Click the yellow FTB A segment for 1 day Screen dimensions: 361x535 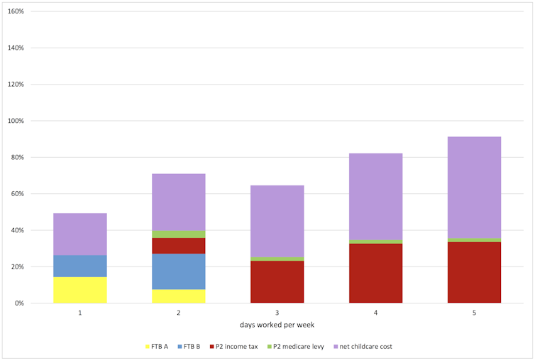[x=80, y=290]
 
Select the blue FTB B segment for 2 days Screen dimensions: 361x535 [x=179, y=271]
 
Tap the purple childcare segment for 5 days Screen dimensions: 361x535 [x=474, y=187]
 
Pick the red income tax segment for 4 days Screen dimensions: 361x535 [x=375, y=274]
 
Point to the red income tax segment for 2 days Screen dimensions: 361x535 [x=179, y=246]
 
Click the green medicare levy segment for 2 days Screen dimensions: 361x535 [x=179, y=235]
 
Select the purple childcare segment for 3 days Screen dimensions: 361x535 [x=277, y=221]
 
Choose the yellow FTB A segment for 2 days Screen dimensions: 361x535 [x=179, y=296]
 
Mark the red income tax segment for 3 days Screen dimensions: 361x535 [x=277, y=282]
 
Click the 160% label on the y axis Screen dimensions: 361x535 [x=16, y=12]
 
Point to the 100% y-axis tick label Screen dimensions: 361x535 [x=16, y=121]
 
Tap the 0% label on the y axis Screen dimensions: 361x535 [x=19, y=303]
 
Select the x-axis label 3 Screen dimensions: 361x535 [x=277, y=313]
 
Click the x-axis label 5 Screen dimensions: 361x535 [x=474, y=313]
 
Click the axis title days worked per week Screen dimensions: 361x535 [x=277, y=325]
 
